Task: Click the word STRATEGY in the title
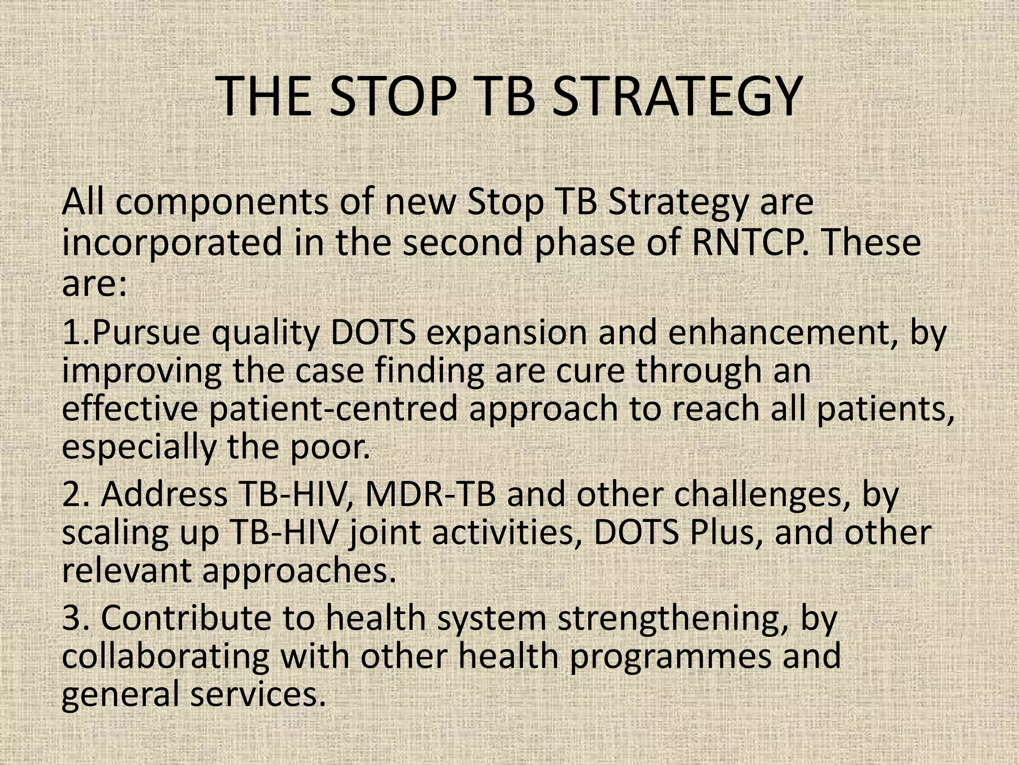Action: (x=676, y=97)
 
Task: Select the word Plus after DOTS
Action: (x=721, y=532)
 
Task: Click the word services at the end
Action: (x=253, y=694)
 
